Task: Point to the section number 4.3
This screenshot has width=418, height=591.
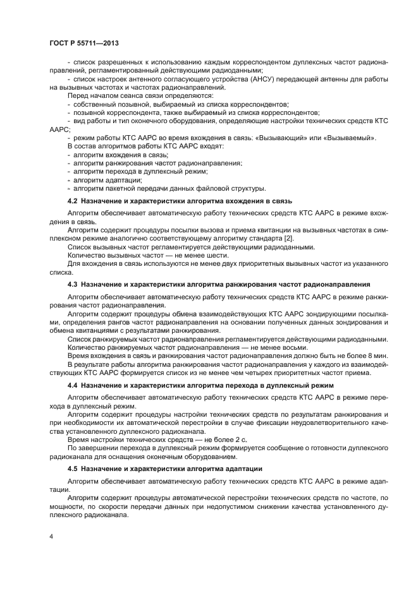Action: (73, 285)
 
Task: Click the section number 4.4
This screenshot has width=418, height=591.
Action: (73, 385)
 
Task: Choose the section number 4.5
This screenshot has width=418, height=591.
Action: (73, 469)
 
